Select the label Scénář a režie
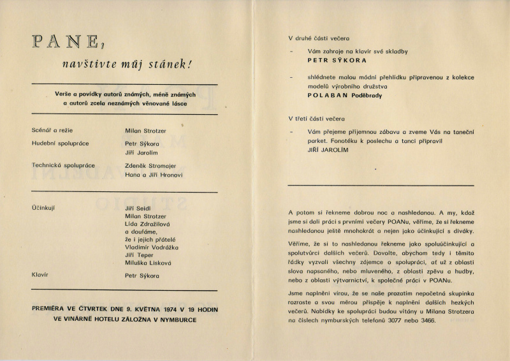[x=52, y=130]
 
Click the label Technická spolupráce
[x=63, y=165]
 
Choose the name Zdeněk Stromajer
[x=154, y=165]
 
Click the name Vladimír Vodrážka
[x=152, y=247]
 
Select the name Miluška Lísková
[x=148, y=263]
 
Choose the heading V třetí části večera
[x=316, y=119]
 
